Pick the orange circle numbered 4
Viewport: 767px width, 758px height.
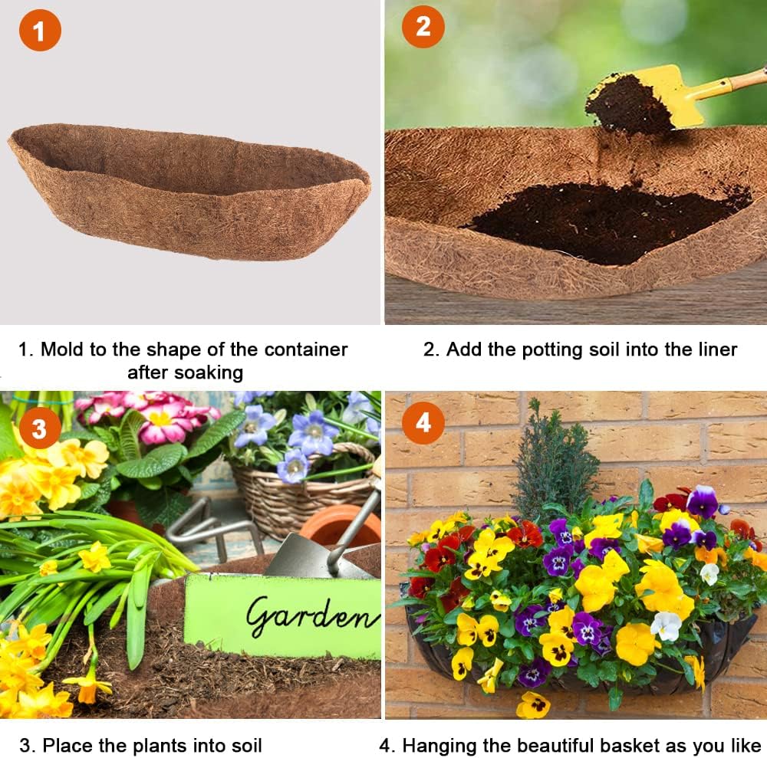tap(423, 422)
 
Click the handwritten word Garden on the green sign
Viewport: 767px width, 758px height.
tap(311, 615)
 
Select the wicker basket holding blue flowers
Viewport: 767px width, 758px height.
tap(307, 498)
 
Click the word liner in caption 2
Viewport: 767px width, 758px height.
tap(713, 350)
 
